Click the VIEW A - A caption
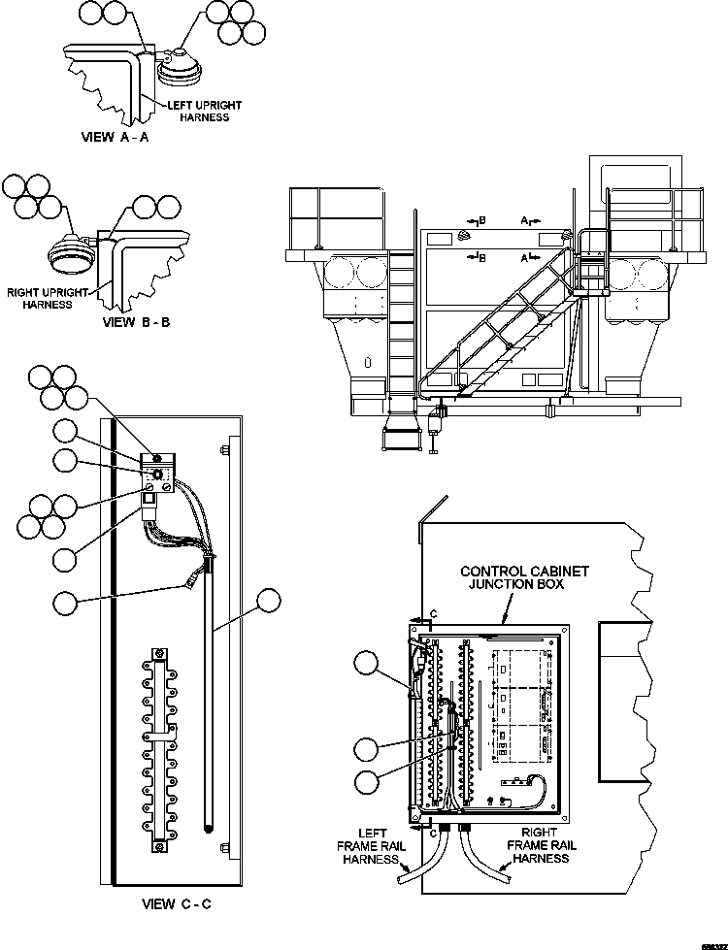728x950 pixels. tap(115, 138)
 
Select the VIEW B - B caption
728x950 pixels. tap(136, 321)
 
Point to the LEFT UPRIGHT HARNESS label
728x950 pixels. tap(204, 111)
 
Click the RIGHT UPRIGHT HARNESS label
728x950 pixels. tap(48, 297)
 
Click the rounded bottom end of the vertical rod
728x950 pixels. tap(210, 829)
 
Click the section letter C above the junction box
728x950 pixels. tap(434, 614)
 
